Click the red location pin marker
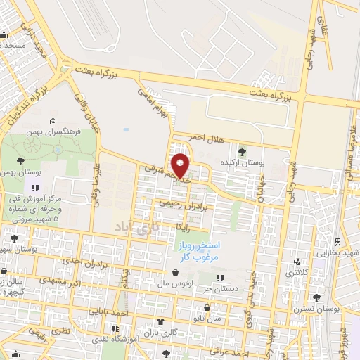pyautogui.click(x=181, y=166)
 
